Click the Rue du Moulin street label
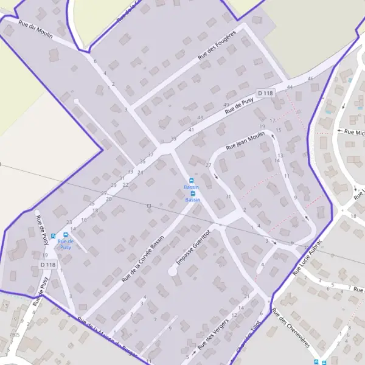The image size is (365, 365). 36,30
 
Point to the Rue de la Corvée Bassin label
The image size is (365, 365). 143,259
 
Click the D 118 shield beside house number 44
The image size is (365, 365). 266,92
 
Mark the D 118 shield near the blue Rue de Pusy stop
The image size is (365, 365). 48,265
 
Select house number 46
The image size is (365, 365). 311,79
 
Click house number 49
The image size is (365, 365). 226,105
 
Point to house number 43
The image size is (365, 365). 200,117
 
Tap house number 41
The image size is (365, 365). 191,130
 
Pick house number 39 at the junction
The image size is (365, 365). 173,139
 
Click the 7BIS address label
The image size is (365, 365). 15,335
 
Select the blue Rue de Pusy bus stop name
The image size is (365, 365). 65,245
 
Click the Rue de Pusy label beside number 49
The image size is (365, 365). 238,107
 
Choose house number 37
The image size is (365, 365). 151,155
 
